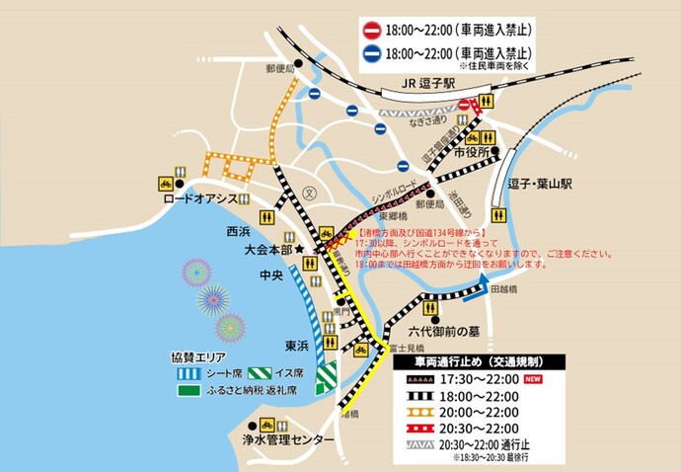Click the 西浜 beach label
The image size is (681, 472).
pyautogui.click(x=239, y=232)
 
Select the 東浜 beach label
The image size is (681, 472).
pyautogui.click(x=299, y=346)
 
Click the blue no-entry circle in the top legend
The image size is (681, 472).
pyautogui.click(x=372, y=54)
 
